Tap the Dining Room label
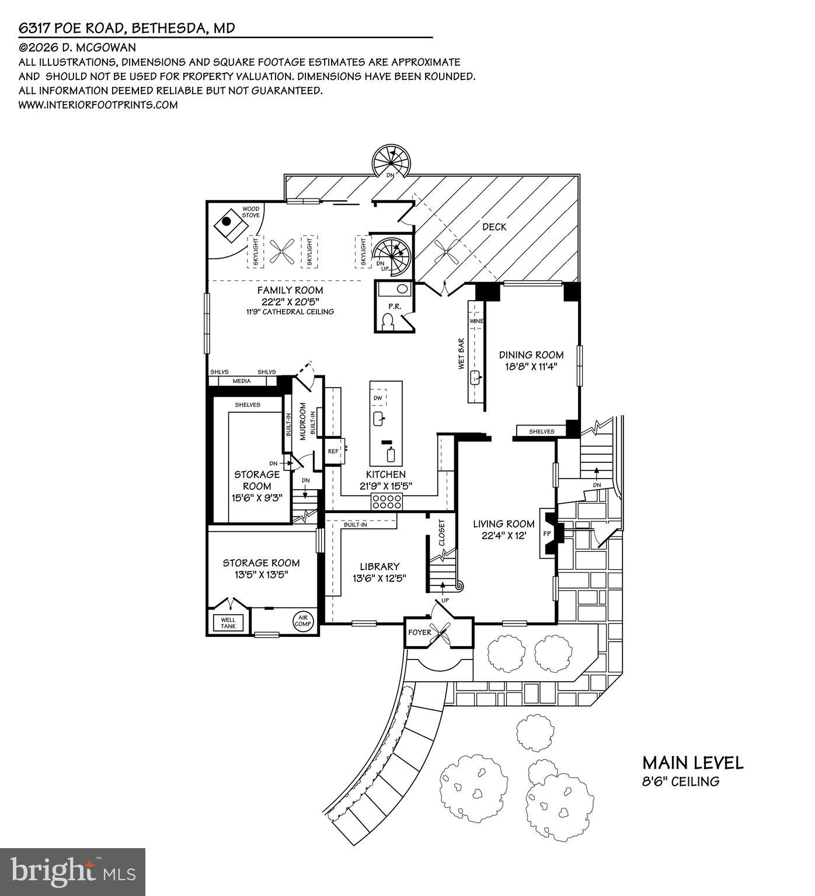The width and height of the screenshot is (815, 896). (531, 355)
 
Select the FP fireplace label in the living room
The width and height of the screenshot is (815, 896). (547, 533)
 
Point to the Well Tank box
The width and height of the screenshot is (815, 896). (228, 623)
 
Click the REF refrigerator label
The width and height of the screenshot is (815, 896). (333, 451)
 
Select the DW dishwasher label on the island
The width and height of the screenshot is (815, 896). (378, 398)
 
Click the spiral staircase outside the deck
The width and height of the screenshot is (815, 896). (392, 161)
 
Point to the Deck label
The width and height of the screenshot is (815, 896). (494, 226)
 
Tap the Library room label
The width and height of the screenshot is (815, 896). (379, 566)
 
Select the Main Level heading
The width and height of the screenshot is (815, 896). (692, 763)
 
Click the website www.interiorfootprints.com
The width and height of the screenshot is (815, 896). (98, 105)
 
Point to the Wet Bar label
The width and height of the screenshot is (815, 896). (461, 355)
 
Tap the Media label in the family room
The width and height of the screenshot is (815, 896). (242, 381)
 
